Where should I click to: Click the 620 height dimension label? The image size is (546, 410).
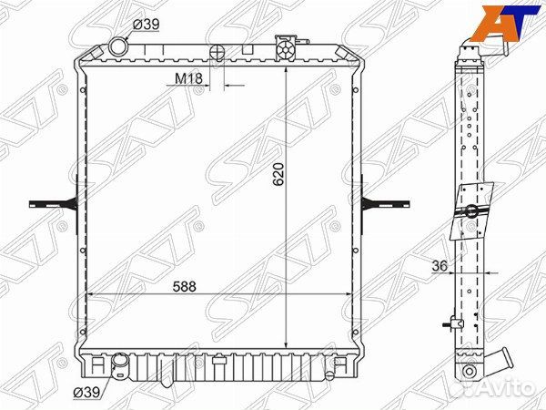280,174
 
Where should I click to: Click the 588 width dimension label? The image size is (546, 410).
185,287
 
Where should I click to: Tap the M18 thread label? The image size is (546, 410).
188,78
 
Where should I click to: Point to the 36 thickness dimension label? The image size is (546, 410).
440,266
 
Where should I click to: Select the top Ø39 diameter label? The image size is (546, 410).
146,25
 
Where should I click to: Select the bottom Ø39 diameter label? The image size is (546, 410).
86,393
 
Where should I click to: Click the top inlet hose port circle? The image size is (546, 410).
118,46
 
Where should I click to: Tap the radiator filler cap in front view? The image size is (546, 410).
285,48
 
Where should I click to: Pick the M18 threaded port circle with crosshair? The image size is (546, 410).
217,53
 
